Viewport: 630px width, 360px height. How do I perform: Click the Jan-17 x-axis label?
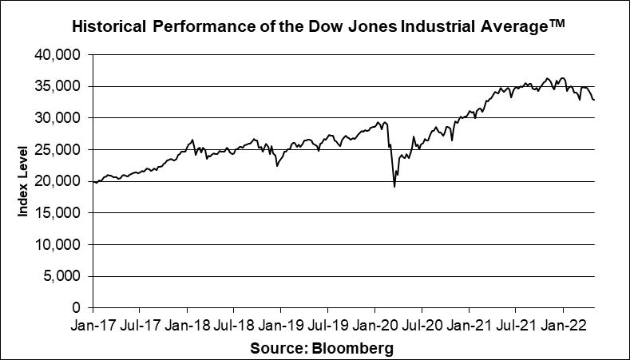pyautogui.click(x=93, y=326)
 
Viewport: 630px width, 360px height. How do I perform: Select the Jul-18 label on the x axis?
pyautogui.click(x=233, y=326)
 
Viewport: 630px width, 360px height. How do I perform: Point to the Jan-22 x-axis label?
pyautogui.click(x=563, y=326)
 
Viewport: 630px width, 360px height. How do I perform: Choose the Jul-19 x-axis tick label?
pyautogui.click(x=327, y=326)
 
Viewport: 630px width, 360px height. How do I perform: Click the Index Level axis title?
pyautogui.click(x=24, y=181)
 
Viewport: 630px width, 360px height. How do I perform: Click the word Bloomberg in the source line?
pyautogui.click(x=352, y=349)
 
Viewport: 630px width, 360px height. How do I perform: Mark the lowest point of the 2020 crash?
pyautogui.click(x=394, y=187)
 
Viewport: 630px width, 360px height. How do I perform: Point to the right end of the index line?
pyautogui.click(x=594, y=100)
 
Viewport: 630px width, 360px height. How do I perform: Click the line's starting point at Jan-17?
pyautogui.click(x=93, y=182)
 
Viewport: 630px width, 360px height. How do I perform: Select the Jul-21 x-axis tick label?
pyautogui.click(x=515, y=326)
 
